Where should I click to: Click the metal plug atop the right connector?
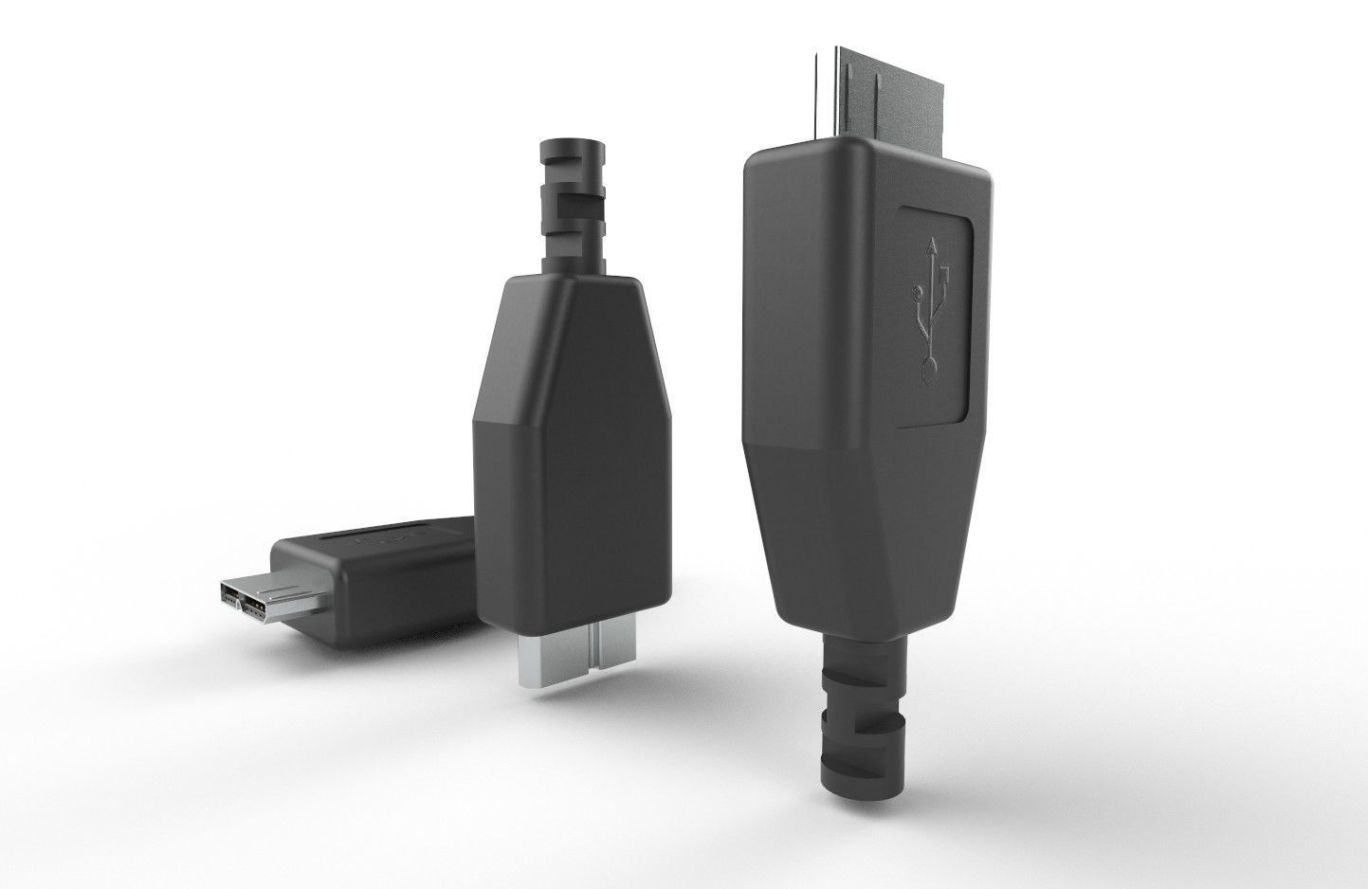[877, 89]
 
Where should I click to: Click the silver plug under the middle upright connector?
[561, 658]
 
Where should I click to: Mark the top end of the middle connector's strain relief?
[571, 150]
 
